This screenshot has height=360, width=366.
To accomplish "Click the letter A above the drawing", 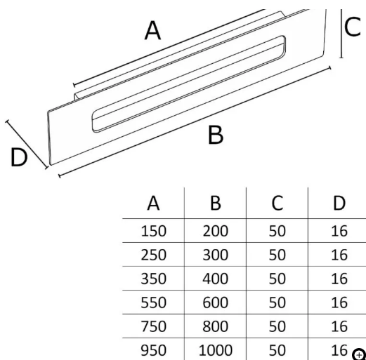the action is [x=152, y=30].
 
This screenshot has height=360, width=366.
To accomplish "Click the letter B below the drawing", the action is [x=216, y=135].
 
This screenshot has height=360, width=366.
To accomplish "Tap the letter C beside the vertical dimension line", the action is [x=353, y=27].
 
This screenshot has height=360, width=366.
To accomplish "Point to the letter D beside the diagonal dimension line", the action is [x=19, y=157].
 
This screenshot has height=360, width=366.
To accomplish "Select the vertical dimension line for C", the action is [x=341, y=34].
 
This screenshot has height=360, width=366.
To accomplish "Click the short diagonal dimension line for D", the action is [x=27, y=144].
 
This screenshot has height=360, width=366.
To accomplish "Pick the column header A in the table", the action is [x=153, y=203].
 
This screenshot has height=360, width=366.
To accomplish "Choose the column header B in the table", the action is [x=216, y=203].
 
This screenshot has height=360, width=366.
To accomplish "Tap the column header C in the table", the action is [x=277, y=203].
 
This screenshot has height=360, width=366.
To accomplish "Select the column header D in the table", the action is [x=339, y=203].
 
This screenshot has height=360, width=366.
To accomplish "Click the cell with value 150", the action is [x=153, y=231].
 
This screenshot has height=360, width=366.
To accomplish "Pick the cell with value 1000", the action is [x=216, y=350].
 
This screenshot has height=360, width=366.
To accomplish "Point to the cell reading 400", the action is [x=216, y=279].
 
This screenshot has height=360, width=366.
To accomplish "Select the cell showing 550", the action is [x=153, y=302].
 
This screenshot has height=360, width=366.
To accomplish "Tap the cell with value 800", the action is [x=216, y=326].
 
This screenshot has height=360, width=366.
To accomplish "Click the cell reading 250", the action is [x=153, y=255].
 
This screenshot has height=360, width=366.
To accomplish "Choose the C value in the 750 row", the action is [x=277, y=326].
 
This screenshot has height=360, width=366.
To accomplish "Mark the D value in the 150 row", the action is [x=339, y=231].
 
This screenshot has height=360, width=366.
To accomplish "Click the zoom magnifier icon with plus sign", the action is [x=359, y=354].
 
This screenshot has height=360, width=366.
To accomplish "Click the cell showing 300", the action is [x=216, y=255].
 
